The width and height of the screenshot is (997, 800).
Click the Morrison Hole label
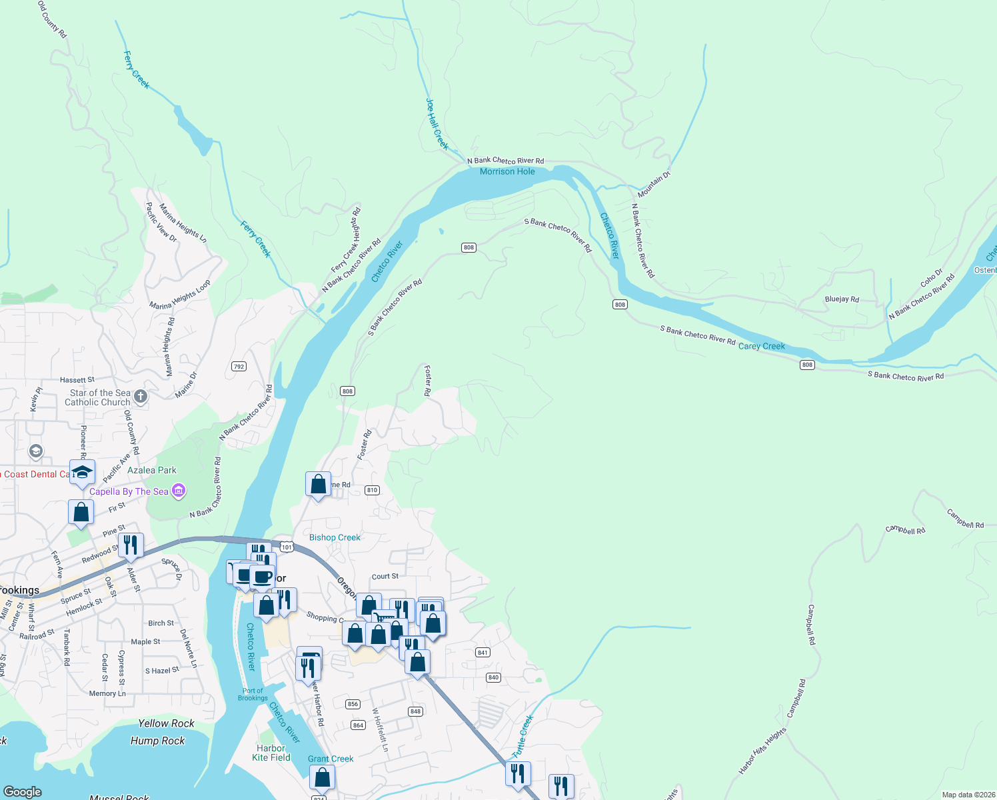click(x=507, y=172)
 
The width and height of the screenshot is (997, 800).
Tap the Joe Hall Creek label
click(x=437, y=124)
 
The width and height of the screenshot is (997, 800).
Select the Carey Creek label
click(x=762, y=346)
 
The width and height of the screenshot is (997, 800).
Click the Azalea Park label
click(x=152, y=470)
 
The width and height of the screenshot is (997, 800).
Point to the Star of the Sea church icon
click(x=141, y=397)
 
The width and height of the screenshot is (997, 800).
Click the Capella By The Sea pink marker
click(x=178, y=491)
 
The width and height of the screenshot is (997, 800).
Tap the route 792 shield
click(x=239, y=367)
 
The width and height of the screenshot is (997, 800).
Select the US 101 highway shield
click(x=286, y=547)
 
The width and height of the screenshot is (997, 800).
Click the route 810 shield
click(x=372, y=490)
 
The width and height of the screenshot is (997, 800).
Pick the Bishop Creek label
click(x=335, y=537)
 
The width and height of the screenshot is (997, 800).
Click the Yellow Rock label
click(x=166, y=723)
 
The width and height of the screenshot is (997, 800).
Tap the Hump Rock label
click(x=158, y=741)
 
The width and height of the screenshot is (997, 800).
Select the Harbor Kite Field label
click(x=271, y=753)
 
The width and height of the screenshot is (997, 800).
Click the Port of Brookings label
click(x=253, y=695)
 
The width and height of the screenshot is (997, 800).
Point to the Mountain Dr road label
click(x=654, y=184)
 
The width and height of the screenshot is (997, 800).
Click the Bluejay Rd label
click(x=842, y=299)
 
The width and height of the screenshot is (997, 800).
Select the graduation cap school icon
click(x=82, y=472)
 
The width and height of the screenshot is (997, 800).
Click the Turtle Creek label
click(x=522, y=736)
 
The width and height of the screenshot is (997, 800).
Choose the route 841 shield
click(x=483, y=653)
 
